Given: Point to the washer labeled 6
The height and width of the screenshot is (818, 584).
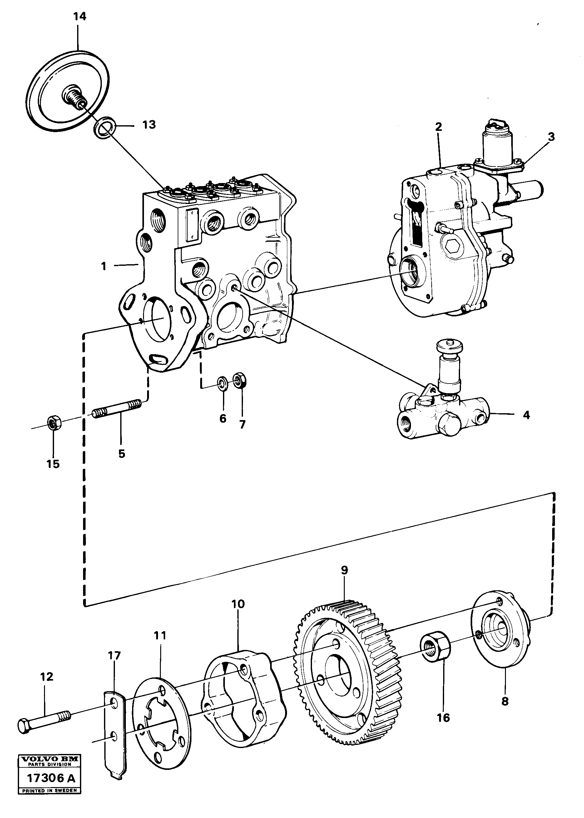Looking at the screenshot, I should click(x=222, y=383).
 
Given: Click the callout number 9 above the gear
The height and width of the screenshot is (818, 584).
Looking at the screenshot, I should click(x=344, y=580).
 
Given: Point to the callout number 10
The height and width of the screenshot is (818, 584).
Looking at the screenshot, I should click(x=238, y=614).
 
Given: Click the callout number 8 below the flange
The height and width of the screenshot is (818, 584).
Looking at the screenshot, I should click(x=505, y=701).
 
